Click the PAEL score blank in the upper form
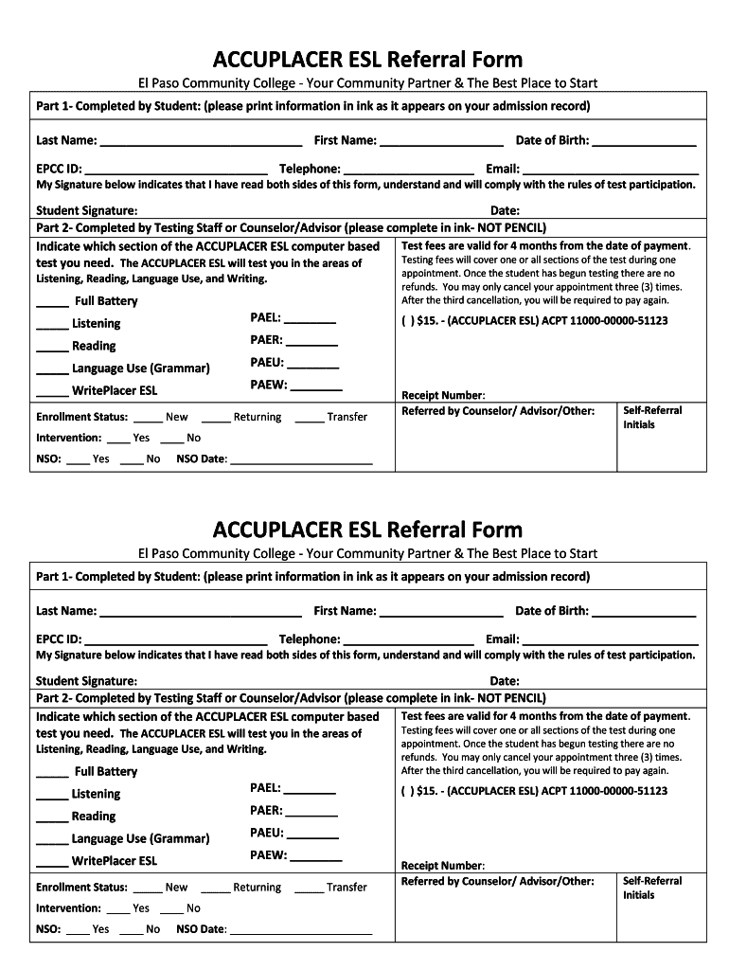310,320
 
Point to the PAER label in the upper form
266,339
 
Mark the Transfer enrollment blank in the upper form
309,419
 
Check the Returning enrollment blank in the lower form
216,889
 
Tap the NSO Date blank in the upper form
301,461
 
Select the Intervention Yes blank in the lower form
118,910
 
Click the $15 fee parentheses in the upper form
407,321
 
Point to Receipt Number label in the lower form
443,866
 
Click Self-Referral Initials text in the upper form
651,418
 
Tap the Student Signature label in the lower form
86,681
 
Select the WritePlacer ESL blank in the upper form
52,392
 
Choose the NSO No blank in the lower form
132,931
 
